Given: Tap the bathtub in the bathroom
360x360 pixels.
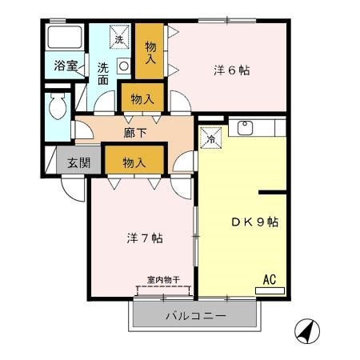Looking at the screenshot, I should pos(65,38).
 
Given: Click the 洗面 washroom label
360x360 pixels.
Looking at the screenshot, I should pos(104,74).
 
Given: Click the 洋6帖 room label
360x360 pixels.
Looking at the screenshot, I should pos(232,70).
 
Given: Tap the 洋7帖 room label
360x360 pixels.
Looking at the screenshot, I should pos(145,238).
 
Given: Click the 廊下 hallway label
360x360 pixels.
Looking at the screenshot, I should pos(134,131).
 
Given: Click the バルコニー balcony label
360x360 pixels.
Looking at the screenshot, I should pos(196,315).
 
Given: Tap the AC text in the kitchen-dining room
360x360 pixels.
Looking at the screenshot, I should pos(269,279).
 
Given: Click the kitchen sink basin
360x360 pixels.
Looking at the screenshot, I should pos(245,127).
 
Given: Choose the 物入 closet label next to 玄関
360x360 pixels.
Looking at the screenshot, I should pos(134,162).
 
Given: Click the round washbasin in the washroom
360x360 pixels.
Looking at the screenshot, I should pos(124,66).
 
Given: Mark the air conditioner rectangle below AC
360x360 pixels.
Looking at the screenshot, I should pos(270,290).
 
